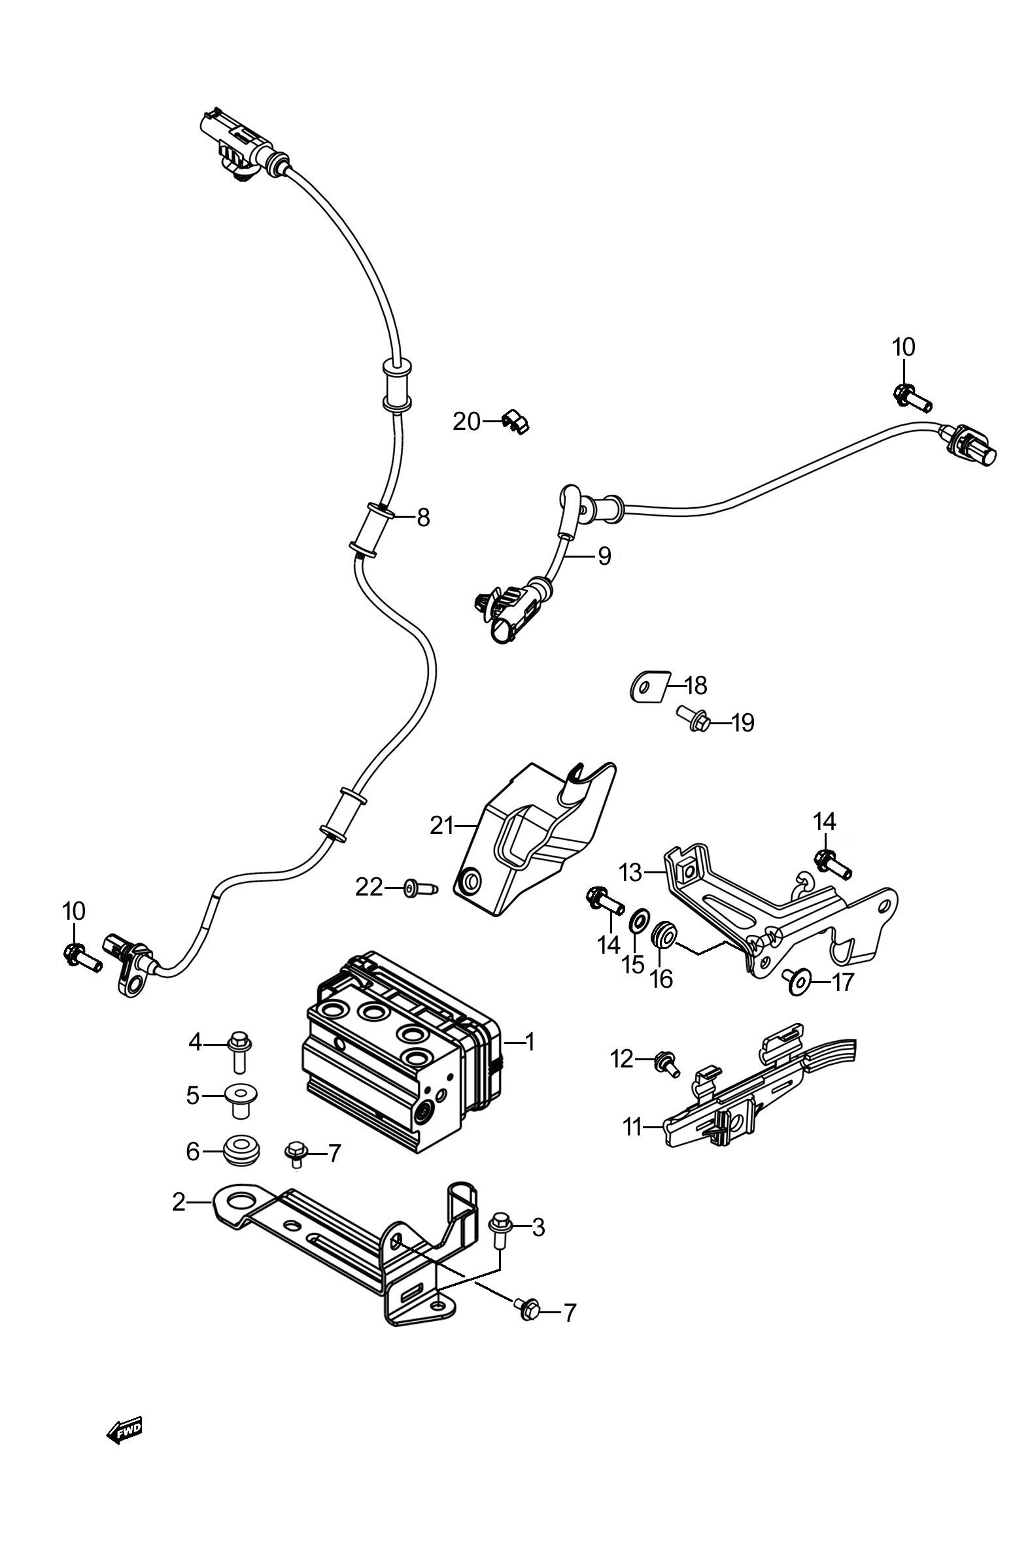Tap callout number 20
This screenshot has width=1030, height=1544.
466,422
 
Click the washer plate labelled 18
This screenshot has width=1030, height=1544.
646,686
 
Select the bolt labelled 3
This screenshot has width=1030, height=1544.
501,1228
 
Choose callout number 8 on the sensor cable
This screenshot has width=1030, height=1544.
423,517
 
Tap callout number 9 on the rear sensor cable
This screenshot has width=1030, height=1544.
604,556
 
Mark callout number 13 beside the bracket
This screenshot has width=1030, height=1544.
630,873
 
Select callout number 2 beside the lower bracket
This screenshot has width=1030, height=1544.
179,1202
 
